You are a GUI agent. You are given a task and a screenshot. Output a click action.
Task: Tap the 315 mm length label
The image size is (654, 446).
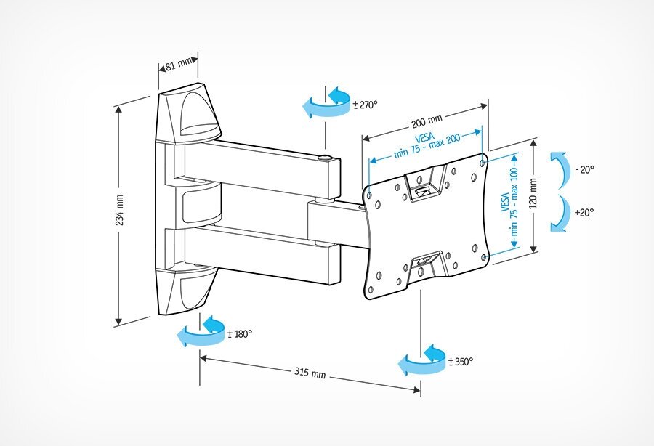pyautogui.click(x=310, y=373)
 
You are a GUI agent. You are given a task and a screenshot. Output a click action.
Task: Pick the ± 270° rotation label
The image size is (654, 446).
pyautogui.click(x=366, y=105)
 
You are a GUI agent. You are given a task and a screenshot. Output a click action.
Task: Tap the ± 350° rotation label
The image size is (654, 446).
pyautogui.click(x=461, y=361)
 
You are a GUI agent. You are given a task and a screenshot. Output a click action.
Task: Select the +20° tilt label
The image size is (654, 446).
pyautogui.click(x=584, y=213)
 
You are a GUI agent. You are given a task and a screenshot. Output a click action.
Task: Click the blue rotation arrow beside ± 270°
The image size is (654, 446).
pyautogui.click(x=326, y=103)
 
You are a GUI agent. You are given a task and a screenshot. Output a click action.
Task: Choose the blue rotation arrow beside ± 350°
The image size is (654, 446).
pyautogui.click(x=424, y=360)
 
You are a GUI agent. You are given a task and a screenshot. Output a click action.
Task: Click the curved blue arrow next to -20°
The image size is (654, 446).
pyautogui.click(x=559, y=170)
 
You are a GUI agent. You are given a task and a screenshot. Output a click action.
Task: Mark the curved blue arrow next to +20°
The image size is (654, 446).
pyautogui.click(x=559, y=213)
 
